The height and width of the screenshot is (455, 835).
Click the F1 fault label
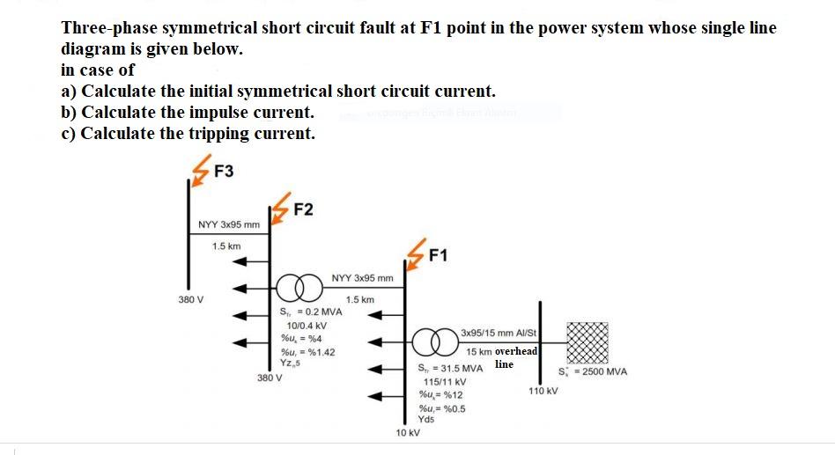tap(438, 256)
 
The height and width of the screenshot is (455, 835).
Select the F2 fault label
tap(303, 209)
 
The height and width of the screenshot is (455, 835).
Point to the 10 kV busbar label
tap(408, 433)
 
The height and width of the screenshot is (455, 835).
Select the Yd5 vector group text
tap(426, 419)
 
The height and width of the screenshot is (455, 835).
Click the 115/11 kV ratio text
tap(442, 382)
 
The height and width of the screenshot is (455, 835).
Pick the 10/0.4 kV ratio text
tap(302, 325)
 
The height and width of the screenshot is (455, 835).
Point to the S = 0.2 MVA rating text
tap(310, 312)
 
